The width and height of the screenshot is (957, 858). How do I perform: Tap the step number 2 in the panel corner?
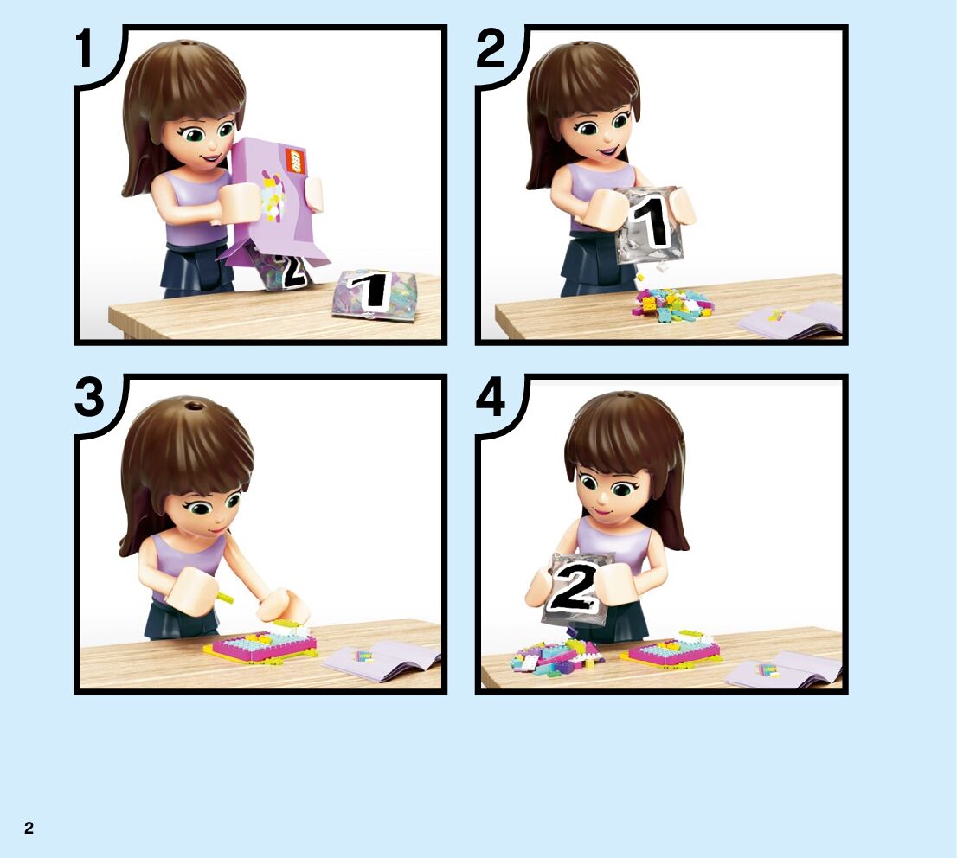(491, 48)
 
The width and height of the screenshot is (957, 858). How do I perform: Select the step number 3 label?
(90, 397)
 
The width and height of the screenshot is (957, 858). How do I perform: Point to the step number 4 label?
(491, 397)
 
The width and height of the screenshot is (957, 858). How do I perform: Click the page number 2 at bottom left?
(29, 828)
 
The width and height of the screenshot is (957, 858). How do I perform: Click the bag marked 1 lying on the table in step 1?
(374, 293)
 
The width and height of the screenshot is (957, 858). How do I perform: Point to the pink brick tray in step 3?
(264, 645)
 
